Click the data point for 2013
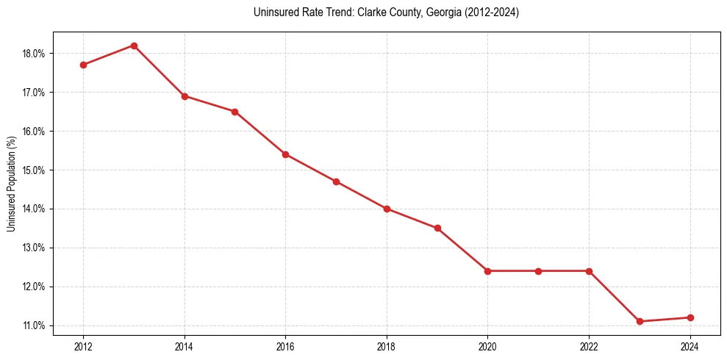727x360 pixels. point(134,46)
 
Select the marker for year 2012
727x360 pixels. point(83,65)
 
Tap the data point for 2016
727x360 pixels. point(285,154)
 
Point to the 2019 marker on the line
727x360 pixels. point(437,228)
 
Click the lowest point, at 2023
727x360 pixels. point(640,321)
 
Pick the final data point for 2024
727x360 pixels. point(690,317)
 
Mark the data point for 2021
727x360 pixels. point(538,271)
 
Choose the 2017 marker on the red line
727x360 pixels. point(336,181)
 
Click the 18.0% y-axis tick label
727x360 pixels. point(35,54)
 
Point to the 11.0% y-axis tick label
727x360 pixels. point(35,325)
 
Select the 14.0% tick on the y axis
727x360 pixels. point(35,209)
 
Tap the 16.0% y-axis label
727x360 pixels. point(35,132)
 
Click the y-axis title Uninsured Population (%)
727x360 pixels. point(12,184)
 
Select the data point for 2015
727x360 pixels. point(234,112)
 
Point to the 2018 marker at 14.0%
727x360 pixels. point(387,209)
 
